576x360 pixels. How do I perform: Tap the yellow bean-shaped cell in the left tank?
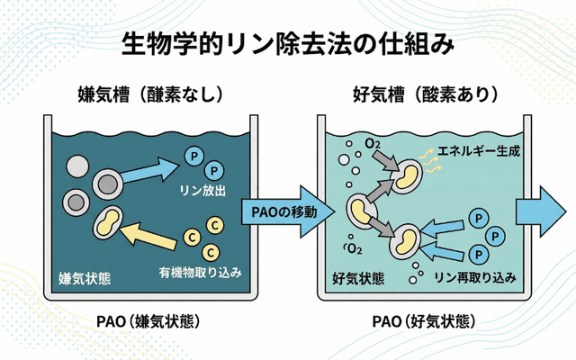(x=111, y=223)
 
